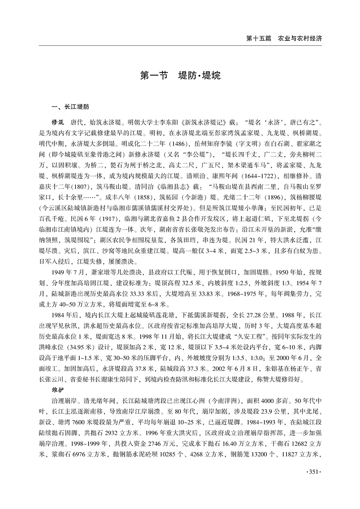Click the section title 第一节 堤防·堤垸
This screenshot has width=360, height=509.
click(180, 75)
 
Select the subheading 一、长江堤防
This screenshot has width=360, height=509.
click(70, 108)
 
